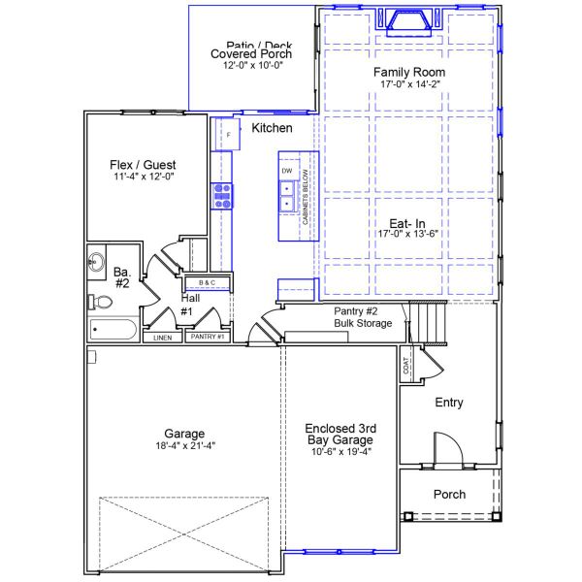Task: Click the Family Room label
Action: point(409,73)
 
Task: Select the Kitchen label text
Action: point(273,128)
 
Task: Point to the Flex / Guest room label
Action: point(143,165)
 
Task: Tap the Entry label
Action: point(449,403)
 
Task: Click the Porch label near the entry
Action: point(449,495)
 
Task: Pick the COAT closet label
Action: point(405,366)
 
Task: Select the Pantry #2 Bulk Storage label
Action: point(363,316)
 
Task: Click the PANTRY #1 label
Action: point(208,337)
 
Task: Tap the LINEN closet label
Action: point(162,338)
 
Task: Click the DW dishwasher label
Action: point(287,171)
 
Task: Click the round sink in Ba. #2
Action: point(96,261)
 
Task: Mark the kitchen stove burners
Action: point(223,195)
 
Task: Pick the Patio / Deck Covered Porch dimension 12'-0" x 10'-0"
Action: point(251,66)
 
